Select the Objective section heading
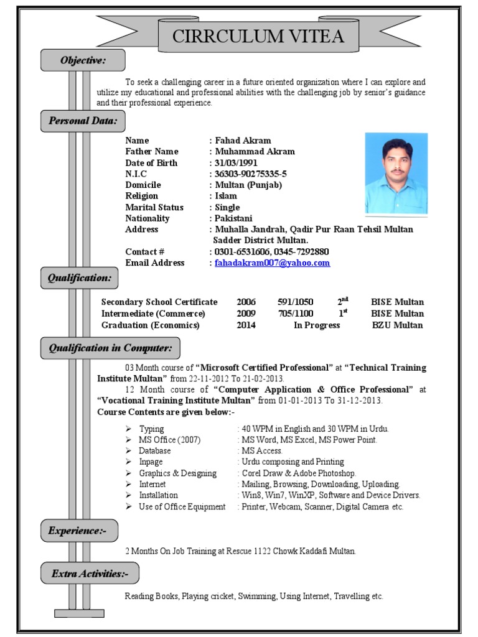(83, 60)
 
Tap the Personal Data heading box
(83, 121)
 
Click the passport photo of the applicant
(396, 174)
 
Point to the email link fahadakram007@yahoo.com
(272, 263)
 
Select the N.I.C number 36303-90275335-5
(251, 174)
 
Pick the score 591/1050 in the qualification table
(296, 302)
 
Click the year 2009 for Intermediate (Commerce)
(246, 314)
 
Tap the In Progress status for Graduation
(317, 325)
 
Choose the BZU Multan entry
(397, 325)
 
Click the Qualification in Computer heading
(110, 348)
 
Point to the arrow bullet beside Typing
(128, 429)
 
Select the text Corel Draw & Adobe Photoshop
(299, 473)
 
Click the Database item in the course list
(155, 451)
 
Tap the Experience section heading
(79, 531)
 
